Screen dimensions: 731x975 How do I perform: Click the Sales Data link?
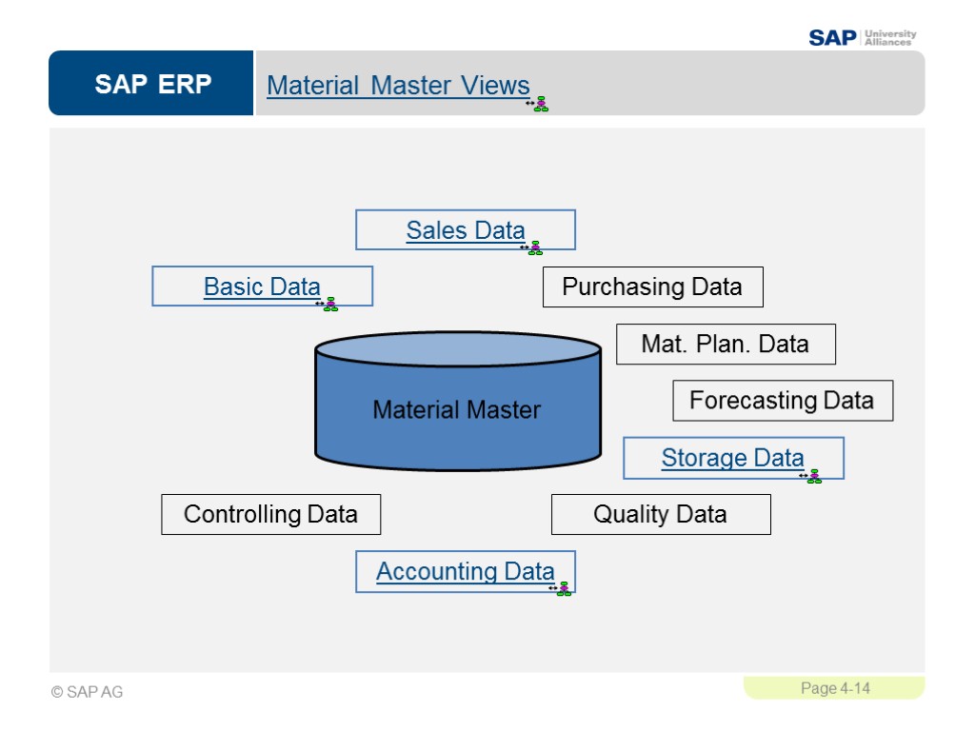point(465,230)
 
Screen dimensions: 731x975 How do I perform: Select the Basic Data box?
point(262,286)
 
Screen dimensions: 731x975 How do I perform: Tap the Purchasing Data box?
point(652,286)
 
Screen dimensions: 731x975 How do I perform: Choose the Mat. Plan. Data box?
point(725,344)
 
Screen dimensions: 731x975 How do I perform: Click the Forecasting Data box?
point(782,400)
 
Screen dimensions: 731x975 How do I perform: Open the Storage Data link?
point(732,458)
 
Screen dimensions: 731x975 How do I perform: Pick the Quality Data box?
point(660,515)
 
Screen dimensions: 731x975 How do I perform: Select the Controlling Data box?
point(270,515)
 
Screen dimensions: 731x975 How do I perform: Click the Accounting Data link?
point(465,571)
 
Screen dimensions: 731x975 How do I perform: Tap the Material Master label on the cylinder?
point(456,410)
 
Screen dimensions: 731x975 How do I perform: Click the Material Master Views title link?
point(398,86)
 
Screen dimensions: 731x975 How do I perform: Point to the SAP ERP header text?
point(152,85)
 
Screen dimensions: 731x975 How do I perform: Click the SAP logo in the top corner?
point(832,38)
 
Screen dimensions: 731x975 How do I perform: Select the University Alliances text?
point(889,38)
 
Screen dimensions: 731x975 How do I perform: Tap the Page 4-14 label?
point(835,688)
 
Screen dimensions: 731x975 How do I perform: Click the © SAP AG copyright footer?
point(87,692)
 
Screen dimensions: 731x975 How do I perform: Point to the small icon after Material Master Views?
point(539,104)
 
